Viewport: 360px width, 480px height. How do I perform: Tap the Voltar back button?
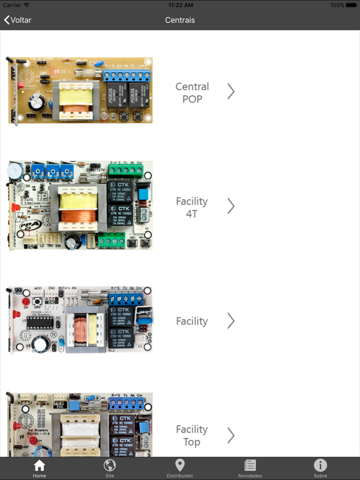[x=18, y=20]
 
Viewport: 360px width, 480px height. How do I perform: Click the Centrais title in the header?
[x=180, y=20]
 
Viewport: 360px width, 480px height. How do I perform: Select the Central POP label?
[x=192, y=93]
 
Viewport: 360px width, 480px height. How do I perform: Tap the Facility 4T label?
[x=192, y=207]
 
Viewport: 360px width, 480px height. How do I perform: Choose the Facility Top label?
[x=192, y=435]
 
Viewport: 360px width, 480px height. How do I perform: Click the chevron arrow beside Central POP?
[x=231, y=91]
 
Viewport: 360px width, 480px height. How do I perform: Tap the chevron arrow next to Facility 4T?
[x=231, y=206]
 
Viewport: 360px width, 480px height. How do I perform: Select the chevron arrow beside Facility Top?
[x=231, y=435]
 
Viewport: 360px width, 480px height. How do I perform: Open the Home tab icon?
[x=40, y=466]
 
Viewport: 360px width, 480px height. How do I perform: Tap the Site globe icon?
[x=110, y=466]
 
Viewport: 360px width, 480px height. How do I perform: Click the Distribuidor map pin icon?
[x=179, y=466]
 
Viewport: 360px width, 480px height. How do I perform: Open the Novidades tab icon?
[x=250, y=466]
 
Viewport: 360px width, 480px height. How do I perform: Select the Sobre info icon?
[x=320, y=466]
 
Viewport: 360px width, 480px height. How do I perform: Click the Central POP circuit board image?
[x=80, y=90]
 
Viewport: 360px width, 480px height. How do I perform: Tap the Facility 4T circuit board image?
[x=80, y=205]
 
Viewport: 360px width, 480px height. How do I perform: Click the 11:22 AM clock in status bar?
[x=180, y=5]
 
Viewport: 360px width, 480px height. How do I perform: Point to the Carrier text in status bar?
[x=12, y=5]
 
